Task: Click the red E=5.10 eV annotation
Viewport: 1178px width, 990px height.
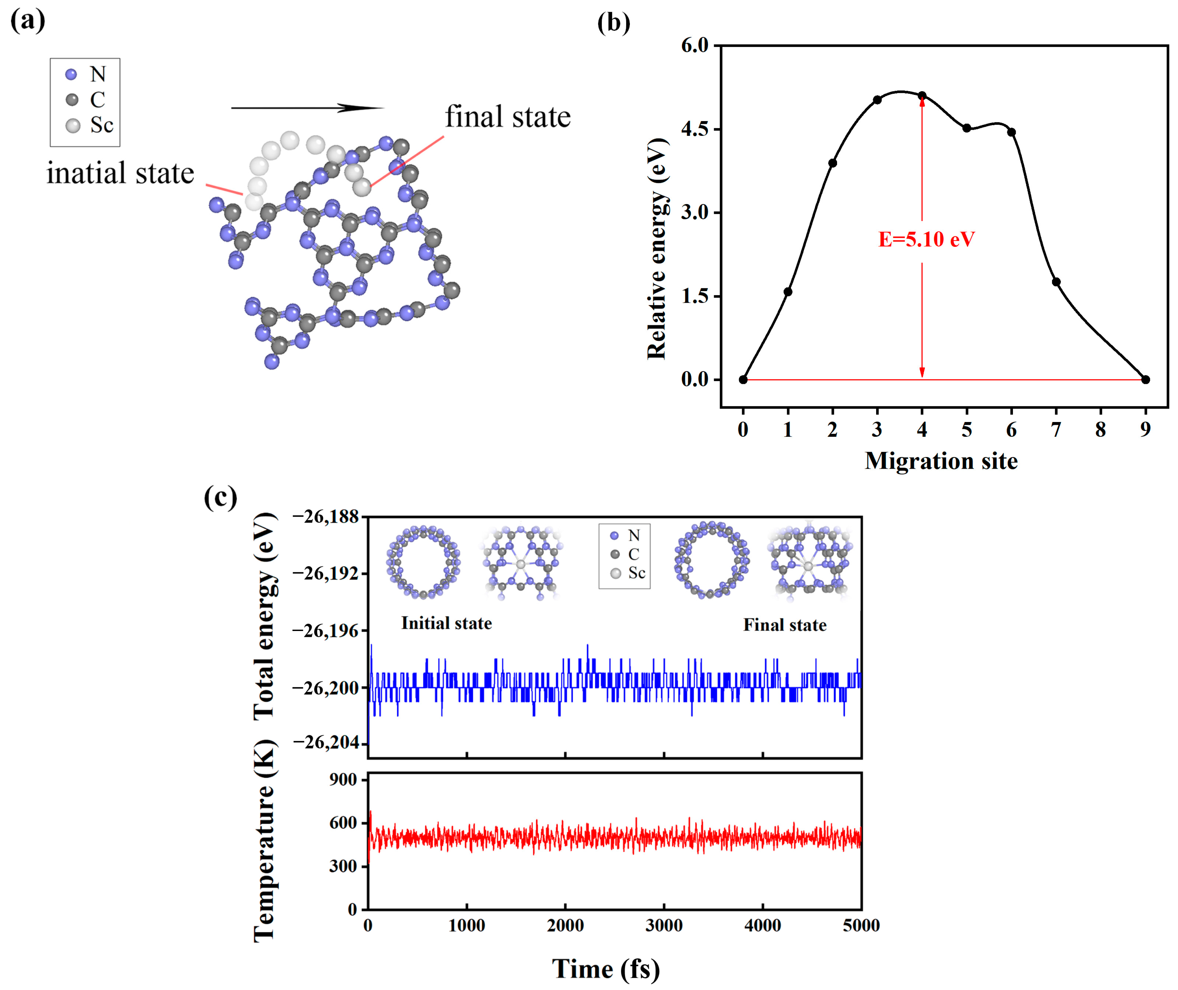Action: [926, 240]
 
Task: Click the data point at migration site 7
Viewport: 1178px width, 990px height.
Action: [1056, 282]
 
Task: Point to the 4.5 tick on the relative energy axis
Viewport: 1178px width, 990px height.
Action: [695, 129]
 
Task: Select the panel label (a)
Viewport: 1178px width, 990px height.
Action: [27, 21]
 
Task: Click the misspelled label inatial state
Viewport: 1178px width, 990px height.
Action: [120, 173]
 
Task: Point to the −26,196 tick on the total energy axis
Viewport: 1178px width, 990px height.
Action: [326, 631]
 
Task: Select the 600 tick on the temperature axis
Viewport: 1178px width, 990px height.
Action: [343, 823]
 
